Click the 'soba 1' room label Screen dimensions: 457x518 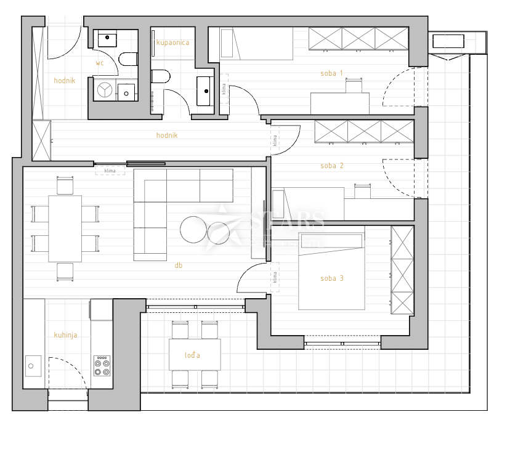pyautogui.click(x=331, y=73)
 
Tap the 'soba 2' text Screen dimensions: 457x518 pyautogui.click(x=332, y=166)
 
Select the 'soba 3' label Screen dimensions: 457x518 pyautogui.click(x=332, y=278)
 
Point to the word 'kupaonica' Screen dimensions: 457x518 pyautogui.click(x=172, y=42)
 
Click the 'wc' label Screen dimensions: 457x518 pyautogui.click(x=99, y=63)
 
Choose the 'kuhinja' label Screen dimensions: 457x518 pyautogui.click(x=65, y=335)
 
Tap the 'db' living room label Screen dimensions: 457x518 pyautogui.click(x=179, y=265)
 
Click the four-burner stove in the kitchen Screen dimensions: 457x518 pyautogui.click(x=102, y=366)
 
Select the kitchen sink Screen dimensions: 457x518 pyautogui.click(x=33, y=366)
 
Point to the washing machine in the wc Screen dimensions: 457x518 pyautogui.click(x=105, y=90)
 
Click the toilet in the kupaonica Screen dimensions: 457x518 pyautogui.click(x=160, y=78)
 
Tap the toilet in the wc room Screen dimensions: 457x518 pyautogui.click(x=128, y=60)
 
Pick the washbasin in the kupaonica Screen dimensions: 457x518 pyautogui.click(x=204, y=91)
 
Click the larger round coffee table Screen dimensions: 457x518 pyautogui.click(x=193, y=230)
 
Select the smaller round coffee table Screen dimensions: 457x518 pyautogui.click(x=218, y=233)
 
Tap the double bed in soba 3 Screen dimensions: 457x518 pyautogui.click(x=331, y=271)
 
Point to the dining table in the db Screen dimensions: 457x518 pyautogui.click(x=65, y=228)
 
